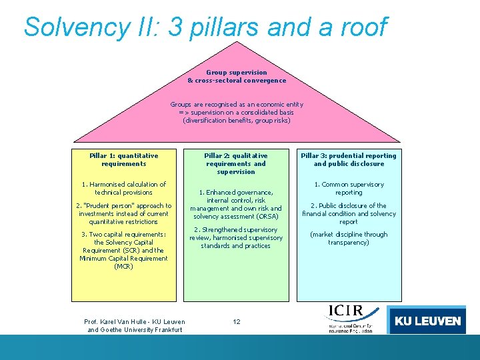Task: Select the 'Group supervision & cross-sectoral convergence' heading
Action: tap(237, 76)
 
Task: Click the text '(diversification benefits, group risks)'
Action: tap(237, 121)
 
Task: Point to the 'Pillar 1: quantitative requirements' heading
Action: tap(124, 159)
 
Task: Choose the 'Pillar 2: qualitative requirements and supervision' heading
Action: tap(236, 163)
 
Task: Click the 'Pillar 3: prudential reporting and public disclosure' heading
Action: tap(349, 159)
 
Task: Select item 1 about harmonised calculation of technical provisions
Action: tap(124, 188)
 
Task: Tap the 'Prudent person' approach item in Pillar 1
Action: tap(124, 213)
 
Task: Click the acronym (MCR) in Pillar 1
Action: tap(124, 267)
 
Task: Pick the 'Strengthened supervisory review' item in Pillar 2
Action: tap(236, 238)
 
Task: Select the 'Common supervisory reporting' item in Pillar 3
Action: tap(349, 188)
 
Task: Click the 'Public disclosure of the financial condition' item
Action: tap(349, 213)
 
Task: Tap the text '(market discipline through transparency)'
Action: tap(349, 238)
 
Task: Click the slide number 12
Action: tap(237, 321)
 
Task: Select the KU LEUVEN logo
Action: tap(427, 321)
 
